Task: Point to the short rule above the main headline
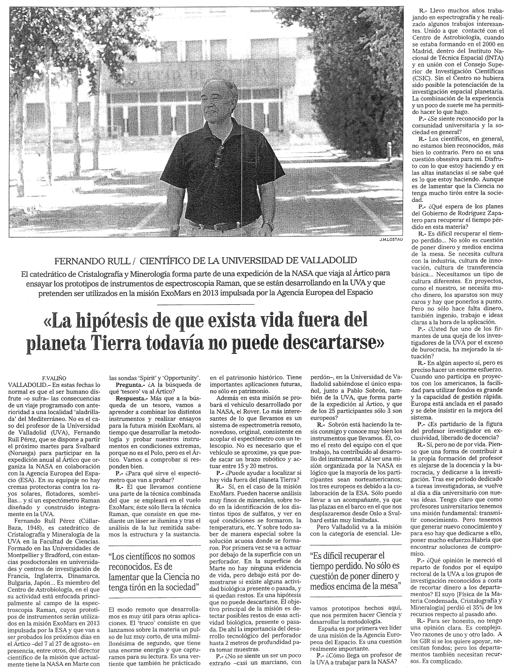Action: tap(206, 304)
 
